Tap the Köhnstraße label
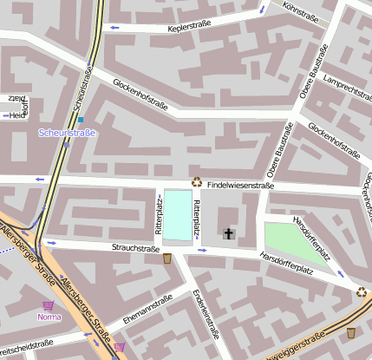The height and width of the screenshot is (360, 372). (x=300, y=11)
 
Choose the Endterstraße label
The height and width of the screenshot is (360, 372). (x=206, y=313)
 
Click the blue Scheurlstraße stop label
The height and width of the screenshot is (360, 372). (x=67, y=133)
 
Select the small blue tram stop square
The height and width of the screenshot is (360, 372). (x=81, y=120)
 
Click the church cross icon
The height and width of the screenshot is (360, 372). (x=229, y=233)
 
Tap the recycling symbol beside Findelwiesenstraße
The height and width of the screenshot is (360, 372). (x=197, y=182)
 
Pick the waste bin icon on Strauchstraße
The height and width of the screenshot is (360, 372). (x=167, y=258)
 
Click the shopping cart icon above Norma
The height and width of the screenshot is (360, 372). (x=49, y=304)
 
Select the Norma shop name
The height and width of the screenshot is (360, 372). (x=49, y=317)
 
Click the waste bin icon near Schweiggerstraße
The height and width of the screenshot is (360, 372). (x=351, y=332)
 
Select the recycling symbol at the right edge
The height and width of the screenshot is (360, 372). (x=360, y=292)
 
